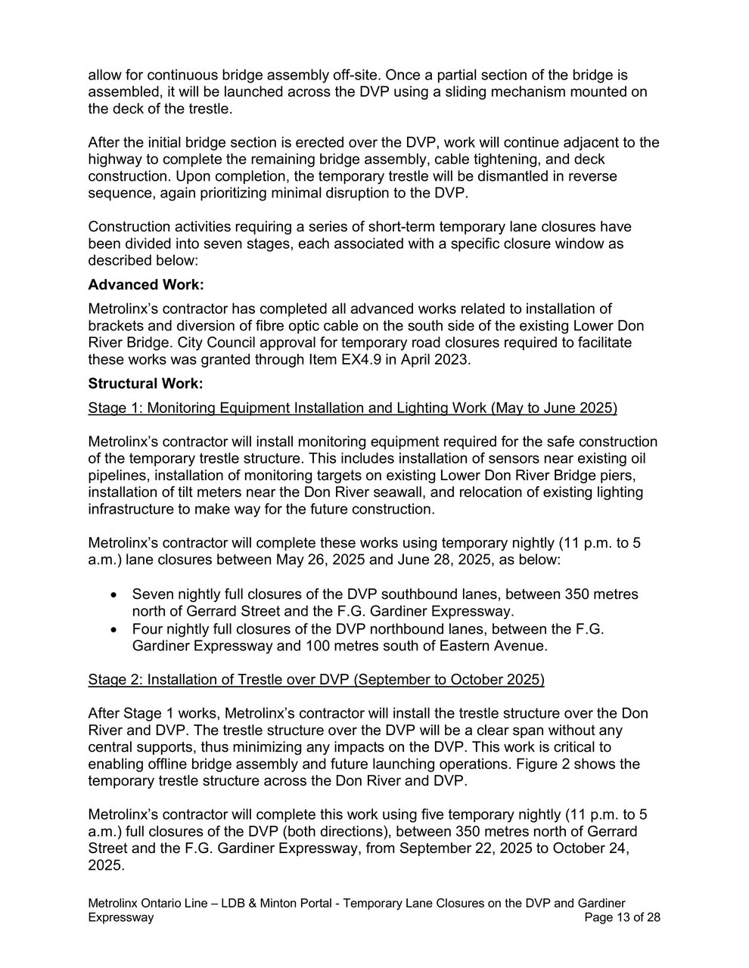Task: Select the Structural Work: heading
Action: click(x=145, y=383)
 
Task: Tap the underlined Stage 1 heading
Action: click(x=353, y=408)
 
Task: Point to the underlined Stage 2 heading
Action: click(x=316, y=679)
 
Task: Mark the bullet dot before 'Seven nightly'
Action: click(x=114, y=594)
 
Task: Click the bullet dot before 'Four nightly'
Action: click(x=114, y=629)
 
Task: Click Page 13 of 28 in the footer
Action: click(x=623, y=917)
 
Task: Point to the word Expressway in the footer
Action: click(x=121, y=917)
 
